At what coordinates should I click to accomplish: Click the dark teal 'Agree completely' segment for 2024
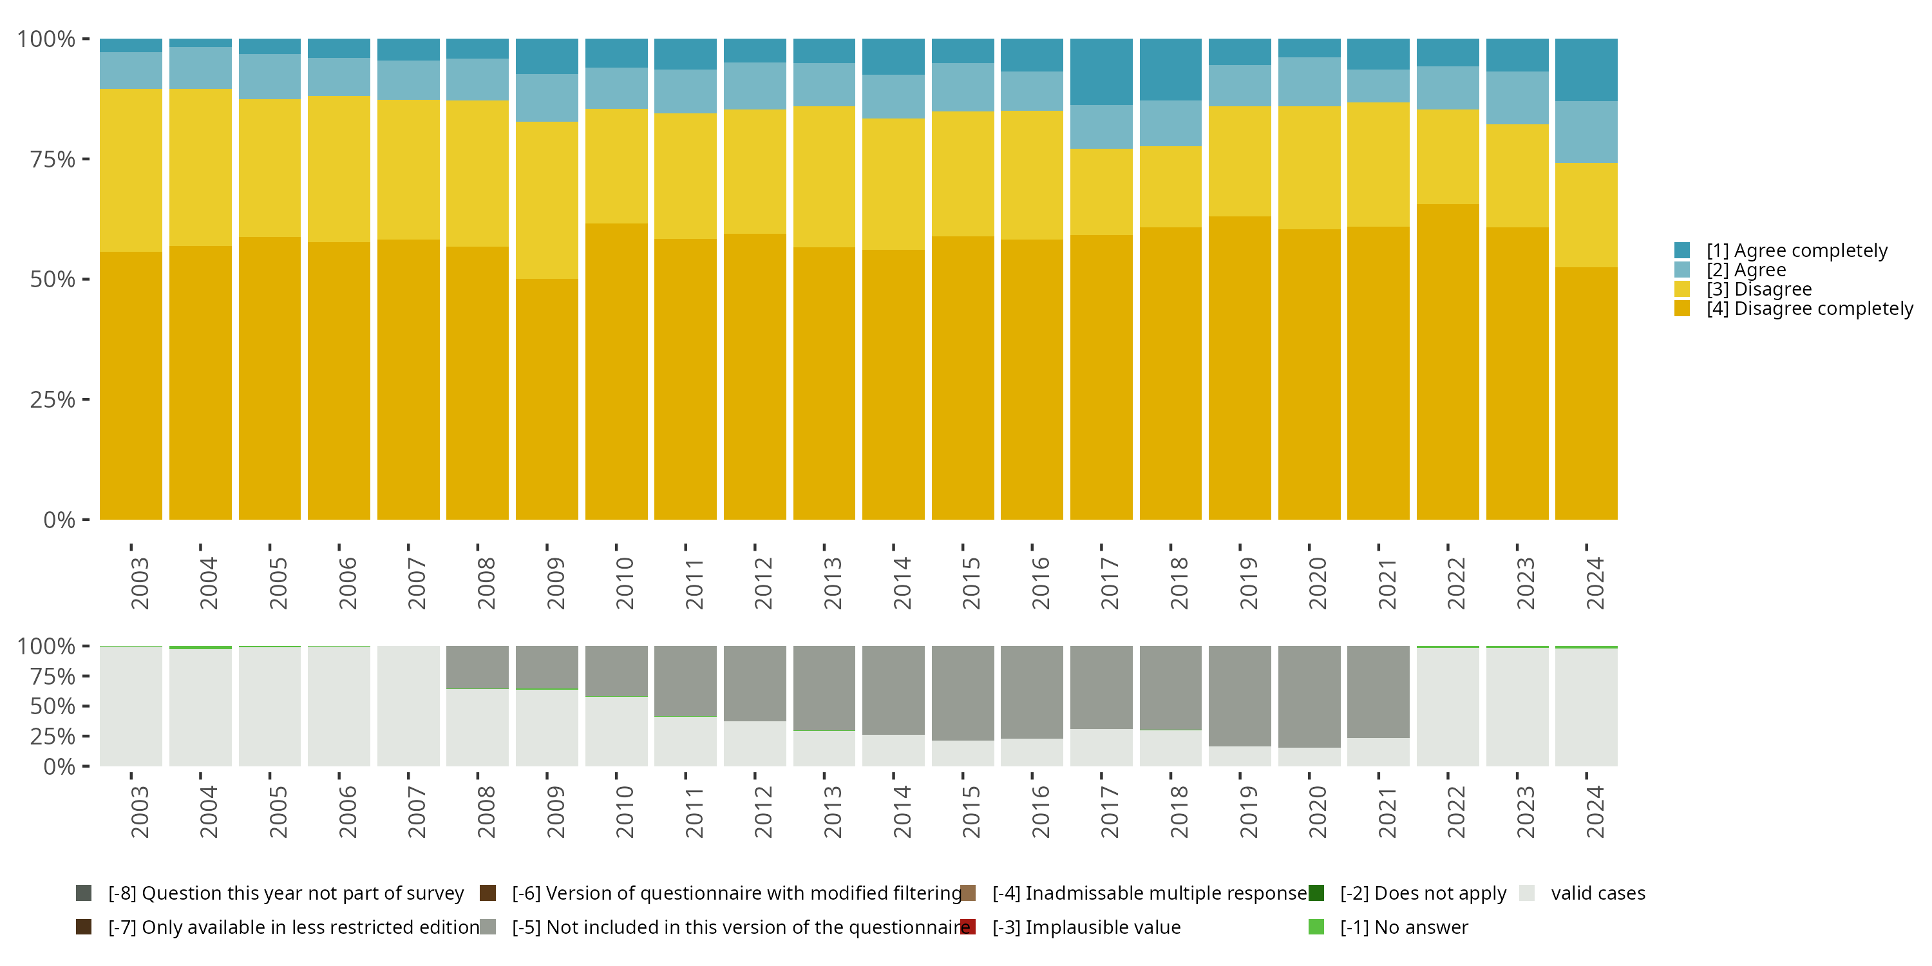tap(1586, 70)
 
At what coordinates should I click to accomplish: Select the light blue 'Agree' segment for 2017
tap(1101, 127)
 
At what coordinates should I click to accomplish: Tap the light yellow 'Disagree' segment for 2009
tap(547, 200)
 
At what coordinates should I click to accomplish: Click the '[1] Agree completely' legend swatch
tap(1681, 251)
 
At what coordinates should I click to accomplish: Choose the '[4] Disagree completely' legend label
tap(1810, 309)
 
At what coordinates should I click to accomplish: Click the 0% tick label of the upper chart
tap(59, 520)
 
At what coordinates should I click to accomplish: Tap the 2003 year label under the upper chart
tap(140, 583)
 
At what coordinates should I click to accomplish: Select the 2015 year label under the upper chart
tap(971, 583)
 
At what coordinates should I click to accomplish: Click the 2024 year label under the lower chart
tap(1595, 811)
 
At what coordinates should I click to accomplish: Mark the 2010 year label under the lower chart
tap(625, 811)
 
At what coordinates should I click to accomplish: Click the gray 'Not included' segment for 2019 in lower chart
tap(1240, 696)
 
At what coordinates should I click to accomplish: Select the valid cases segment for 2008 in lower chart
tap(477, 728)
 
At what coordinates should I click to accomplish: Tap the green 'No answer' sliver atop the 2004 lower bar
tap(200, 647)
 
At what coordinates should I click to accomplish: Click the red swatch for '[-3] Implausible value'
tap(968, 927)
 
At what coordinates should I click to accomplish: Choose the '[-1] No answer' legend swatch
tap(1316, 927)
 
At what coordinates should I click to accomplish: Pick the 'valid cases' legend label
tap(1598, 893)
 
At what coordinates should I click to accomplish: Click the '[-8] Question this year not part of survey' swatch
tap(84, 893)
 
